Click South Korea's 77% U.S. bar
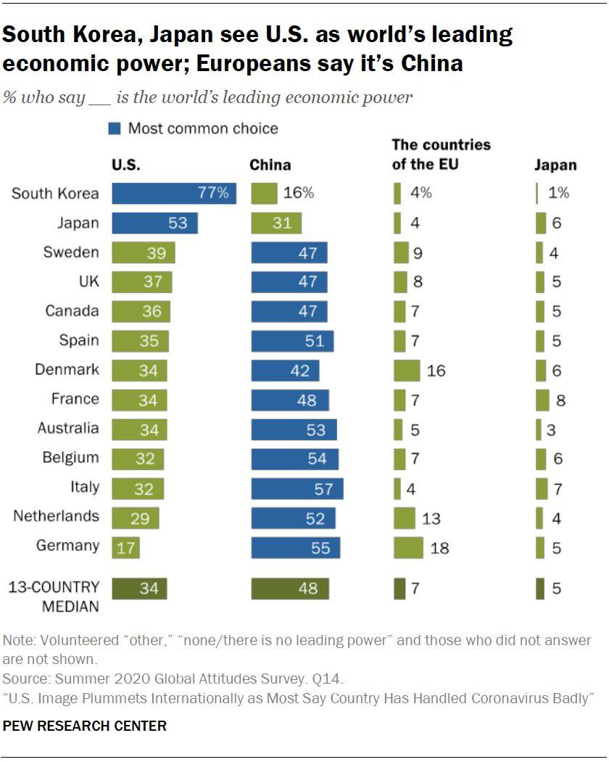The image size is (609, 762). (x=174, y=193)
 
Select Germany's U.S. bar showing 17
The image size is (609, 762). (x=125, y=547)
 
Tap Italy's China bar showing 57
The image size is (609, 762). (x=297, y=488)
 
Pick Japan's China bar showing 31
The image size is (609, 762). (x=276, y=223)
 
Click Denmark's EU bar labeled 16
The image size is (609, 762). (x=407, y=371)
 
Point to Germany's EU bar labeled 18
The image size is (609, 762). (x=408, y=547)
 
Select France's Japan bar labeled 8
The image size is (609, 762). (x=541, y=400)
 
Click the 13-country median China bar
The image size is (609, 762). (x=290, y=588)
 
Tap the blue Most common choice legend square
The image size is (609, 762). (x=115, y=129)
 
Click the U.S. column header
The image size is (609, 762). (x=126, y=165)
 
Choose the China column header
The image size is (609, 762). (x=270, y=165)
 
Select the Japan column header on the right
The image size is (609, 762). (x=555, y=165)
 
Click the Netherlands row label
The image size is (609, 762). (x=56, y=517)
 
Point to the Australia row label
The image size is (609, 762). (x=67, y=428)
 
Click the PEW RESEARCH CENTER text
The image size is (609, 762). (x=85, y=725)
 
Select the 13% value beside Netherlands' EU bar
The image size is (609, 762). (x=431, y=519)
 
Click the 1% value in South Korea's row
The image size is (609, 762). (x=559, y=193)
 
